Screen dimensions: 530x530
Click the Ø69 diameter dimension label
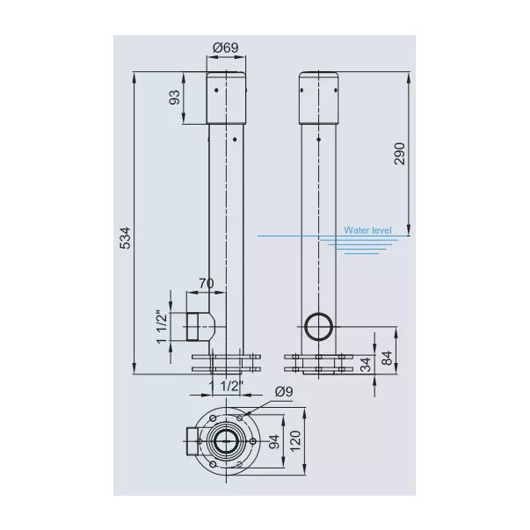click(226, 47)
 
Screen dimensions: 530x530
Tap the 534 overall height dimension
click(125, 237)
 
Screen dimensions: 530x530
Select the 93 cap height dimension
click(174, 98)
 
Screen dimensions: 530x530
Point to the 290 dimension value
click(400, 154)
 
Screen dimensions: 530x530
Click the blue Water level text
click(367, 230)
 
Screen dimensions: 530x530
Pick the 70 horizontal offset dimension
click(207, 283)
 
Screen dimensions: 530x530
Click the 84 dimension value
click(387, 358)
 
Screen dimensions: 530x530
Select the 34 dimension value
click(366, 365)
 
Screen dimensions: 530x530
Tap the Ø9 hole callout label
click(284, 392)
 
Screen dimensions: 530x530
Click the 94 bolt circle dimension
click(274, 441)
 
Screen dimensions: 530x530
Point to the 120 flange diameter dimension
click(295, 440)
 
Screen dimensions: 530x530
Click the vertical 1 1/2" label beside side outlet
click(162, 326)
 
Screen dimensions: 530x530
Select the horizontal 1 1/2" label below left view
click(226, 385)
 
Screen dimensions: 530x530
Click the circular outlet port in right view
click(319, 326)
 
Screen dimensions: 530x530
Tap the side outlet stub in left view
click(200, 326)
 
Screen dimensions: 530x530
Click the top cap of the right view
click(319, 98)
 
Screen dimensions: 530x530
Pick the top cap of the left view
click(226, 98)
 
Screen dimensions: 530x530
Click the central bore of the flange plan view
click(226, 441)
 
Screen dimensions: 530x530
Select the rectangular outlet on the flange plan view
click(192, 441)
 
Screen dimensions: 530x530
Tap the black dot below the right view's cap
click(318, 139)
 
